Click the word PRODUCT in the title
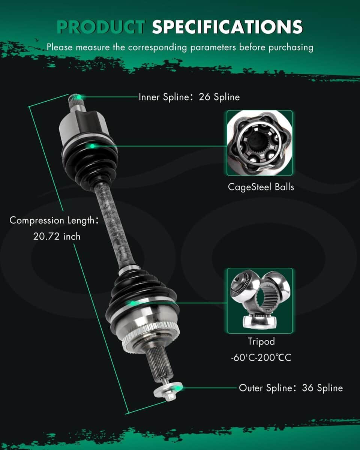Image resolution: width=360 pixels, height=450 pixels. click(101, 27)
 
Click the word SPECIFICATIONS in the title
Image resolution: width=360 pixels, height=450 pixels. click(227, 27)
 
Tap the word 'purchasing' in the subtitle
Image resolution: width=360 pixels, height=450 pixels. click(291, 48)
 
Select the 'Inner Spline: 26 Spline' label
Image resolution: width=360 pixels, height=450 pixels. click(189, 97)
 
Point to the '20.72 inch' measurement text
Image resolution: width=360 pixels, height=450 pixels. click(57, 237)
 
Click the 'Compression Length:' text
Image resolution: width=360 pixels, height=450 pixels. click(54, 220)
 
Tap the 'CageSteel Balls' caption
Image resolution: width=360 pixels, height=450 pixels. click(261, 187)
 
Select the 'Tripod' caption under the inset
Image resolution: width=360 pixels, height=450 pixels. click(261, 342)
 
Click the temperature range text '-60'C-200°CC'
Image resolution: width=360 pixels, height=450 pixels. click(261, 358)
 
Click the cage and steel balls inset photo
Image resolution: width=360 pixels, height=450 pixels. click(259, 143)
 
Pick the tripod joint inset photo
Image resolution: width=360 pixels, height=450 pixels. click(260, 301)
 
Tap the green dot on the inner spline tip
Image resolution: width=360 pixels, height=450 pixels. click(79, 97)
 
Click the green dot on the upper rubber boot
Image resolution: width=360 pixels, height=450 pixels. click(92, 146)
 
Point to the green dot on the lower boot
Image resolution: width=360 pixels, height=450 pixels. click(132, 303)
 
